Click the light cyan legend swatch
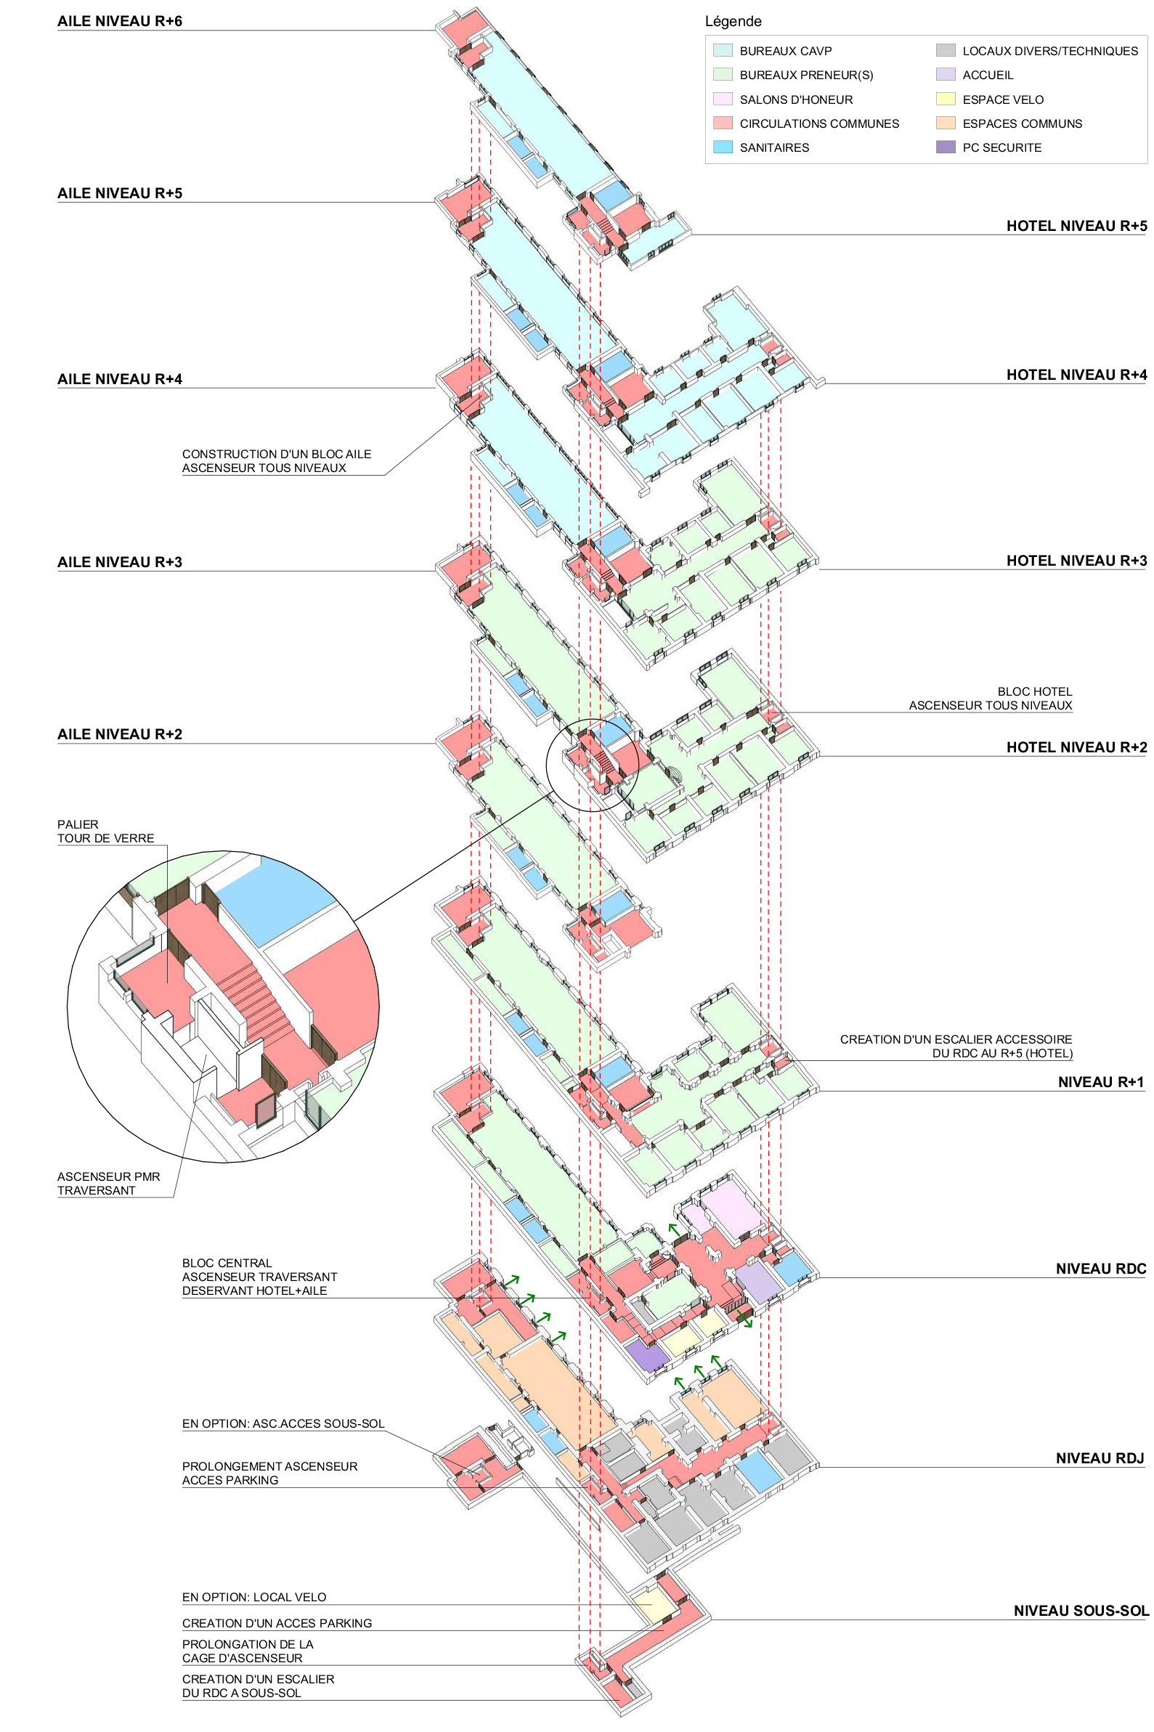point(723,50)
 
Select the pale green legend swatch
point(723,74)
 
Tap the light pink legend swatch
point(723,99)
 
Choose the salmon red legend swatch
point(723,123)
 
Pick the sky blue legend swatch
point(723,147)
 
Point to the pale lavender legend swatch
point(946,74)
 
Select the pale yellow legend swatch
point(946,99)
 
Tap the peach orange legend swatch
point(946,123)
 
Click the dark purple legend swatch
point(946,147)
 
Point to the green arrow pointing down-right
point(745,1320)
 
